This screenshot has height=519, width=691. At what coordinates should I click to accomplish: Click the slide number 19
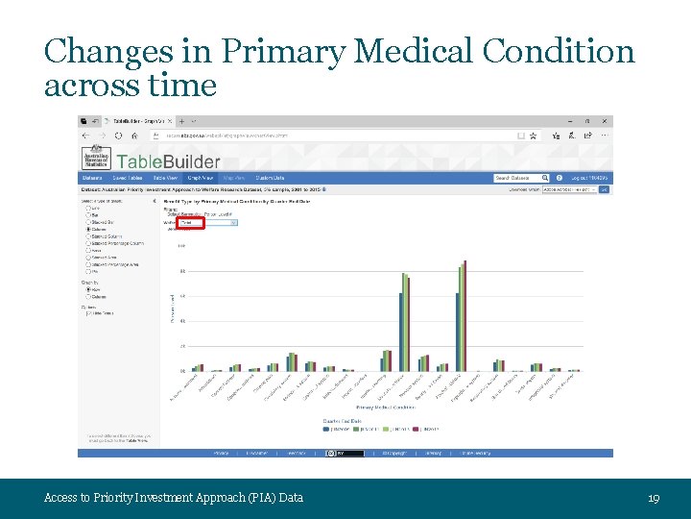(654, 497)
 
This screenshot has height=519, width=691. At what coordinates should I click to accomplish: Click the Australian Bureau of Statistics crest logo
(96, 157)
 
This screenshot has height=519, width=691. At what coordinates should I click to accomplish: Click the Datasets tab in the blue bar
(92, 178)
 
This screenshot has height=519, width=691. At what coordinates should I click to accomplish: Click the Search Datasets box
(519, 178)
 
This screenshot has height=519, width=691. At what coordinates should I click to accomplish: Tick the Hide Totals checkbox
(89, 312)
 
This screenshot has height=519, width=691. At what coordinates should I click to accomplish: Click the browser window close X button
(605, 122)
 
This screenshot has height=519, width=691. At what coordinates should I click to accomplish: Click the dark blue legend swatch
(327, 429)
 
